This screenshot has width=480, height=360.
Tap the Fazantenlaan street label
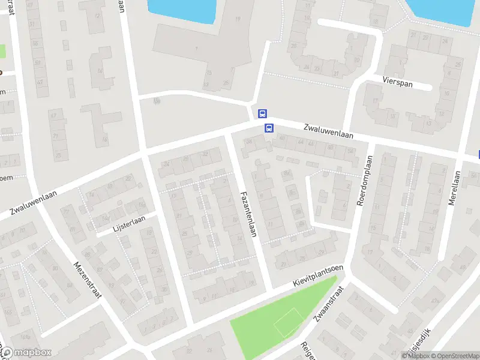(248, 213)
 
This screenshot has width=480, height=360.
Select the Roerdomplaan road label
(365, 181)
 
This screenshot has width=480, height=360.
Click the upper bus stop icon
(262, 113)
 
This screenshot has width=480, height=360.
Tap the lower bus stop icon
(269, 128)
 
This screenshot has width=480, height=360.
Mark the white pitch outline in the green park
(288, 322)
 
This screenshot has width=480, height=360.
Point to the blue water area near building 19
(180, 10)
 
